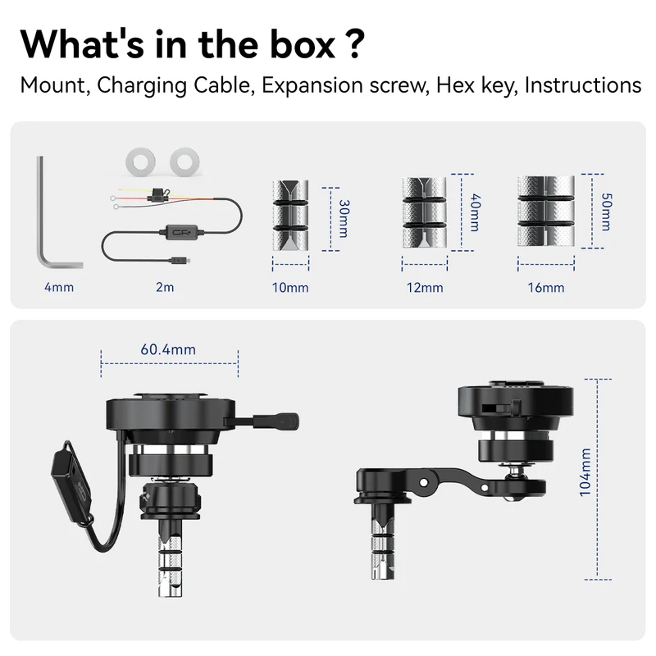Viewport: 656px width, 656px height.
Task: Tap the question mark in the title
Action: click(356, 44)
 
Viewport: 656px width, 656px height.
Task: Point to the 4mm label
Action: click(59, 288)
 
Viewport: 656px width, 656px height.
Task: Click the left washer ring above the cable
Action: click(140, 162)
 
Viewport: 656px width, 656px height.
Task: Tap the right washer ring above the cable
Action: click(184, 162)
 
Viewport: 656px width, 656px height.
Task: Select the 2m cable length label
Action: click(165, 288)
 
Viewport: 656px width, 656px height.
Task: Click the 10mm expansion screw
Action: click(290, 216)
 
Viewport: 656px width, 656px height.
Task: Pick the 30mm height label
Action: click(344, 219)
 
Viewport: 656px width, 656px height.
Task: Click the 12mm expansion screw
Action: click(424, 212)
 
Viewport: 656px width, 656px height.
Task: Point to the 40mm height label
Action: click(476, 212)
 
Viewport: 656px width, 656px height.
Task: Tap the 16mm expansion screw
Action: click(546, 212)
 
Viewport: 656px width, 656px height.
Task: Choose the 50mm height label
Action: click(606, 212)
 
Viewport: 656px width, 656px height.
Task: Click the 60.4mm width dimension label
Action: click(168, 349)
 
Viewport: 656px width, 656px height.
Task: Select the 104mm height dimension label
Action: click(585, 472)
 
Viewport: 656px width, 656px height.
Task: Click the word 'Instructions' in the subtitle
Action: click(583, 86)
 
